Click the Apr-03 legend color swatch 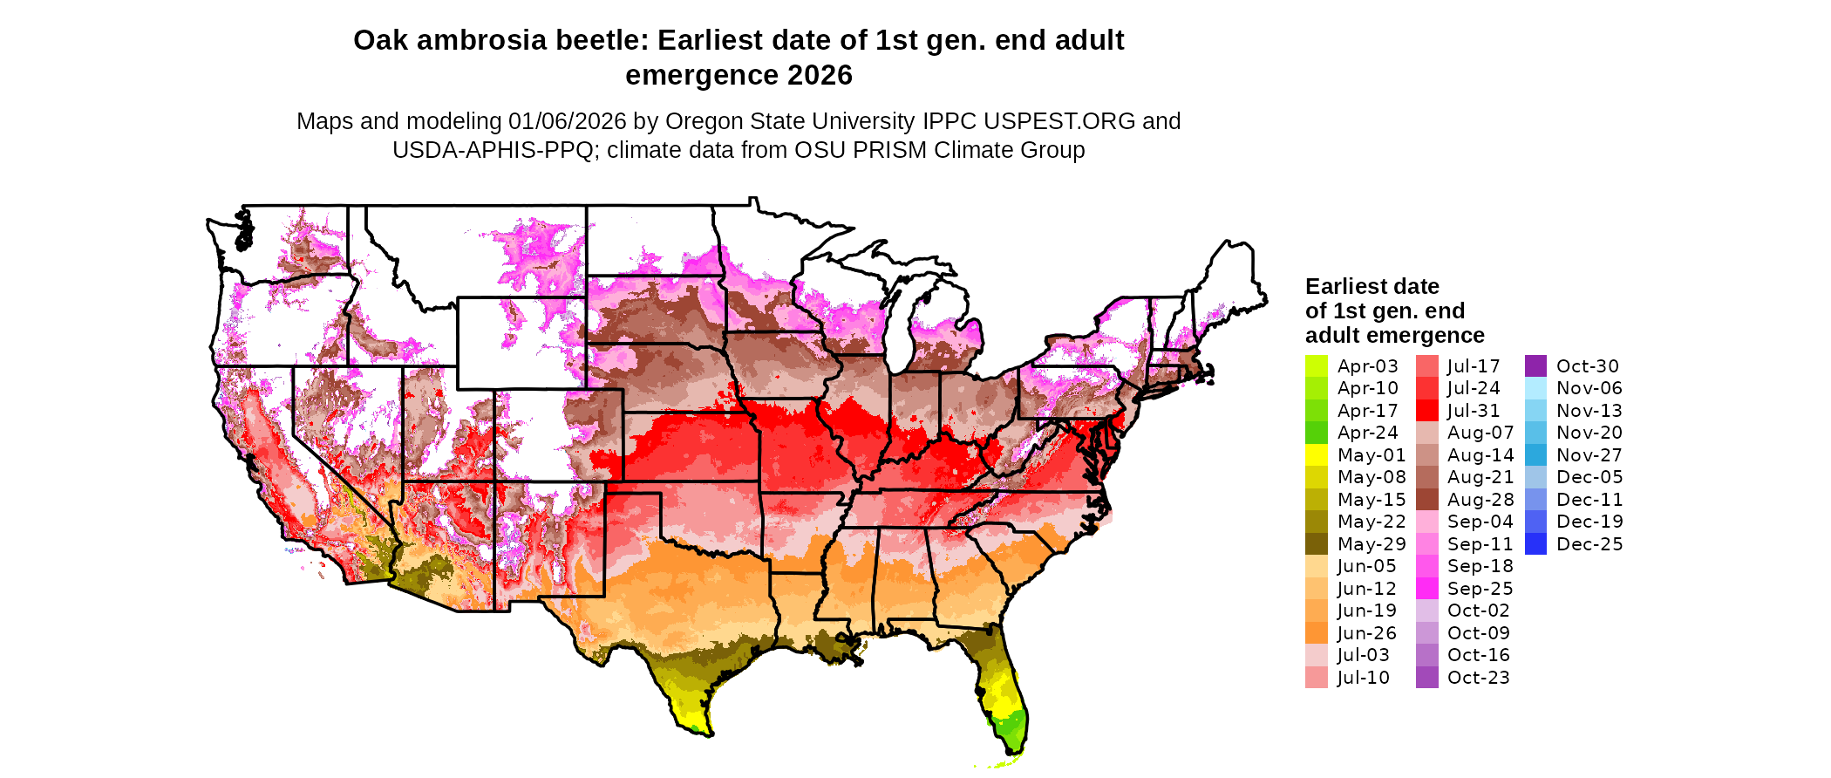(x=1316, y=366)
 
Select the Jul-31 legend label (x=1474, y=411)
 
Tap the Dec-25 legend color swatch (x=1535, y=544)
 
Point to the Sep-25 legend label (x=1480, y=589)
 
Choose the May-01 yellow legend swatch (x=1316, y=455)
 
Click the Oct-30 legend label (x=1587, y=366)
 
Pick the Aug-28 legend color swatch (x=1426, y=500)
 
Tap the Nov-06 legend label (x=1589, y=388)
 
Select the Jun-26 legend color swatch (x=1316, y=633)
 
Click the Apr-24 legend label (x=1367, y=433)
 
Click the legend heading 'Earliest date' (x=1372, y=287)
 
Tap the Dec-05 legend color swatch (x=1535, y=477)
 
